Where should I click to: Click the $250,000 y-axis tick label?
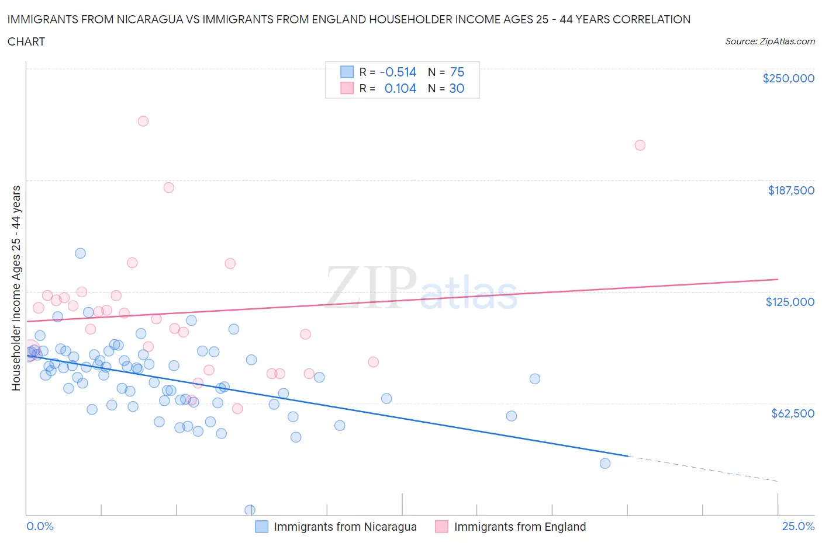[788, 79]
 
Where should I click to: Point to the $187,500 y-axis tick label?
[791, 190]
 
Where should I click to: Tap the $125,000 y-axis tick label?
[790, 302]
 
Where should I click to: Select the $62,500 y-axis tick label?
[792, 413]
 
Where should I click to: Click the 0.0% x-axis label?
[40, 526]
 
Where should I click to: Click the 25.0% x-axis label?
[798, 526]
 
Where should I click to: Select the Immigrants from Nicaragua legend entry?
[336, 527]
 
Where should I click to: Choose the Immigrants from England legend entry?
[511, 527]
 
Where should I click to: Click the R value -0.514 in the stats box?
[398, 72]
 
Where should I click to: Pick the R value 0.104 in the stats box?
[400, 88]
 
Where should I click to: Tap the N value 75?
[457, 72]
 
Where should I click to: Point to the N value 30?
[457, 88]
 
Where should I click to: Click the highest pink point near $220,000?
[143, 121]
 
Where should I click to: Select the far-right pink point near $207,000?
[640, 145]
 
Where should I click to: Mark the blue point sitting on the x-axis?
[250, 510]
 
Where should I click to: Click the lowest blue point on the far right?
[605, 463]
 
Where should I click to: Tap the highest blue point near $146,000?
[80, 253]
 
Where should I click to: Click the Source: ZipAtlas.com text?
[769, 41]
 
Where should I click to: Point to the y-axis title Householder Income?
[16, 288]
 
